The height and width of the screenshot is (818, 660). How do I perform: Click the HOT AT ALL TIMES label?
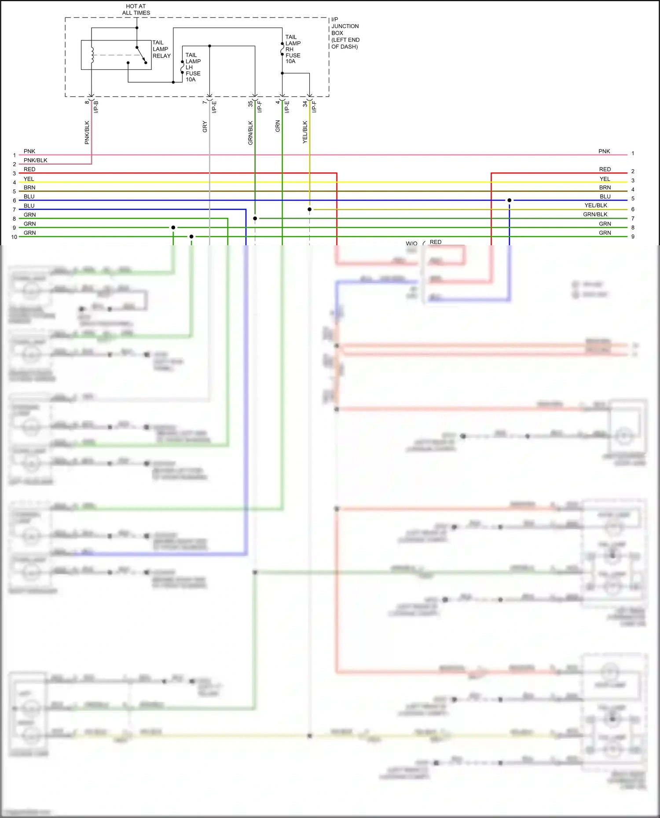(x=136, y=10)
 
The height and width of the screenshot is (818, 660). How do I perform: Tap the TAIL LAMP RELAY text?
(x=161, y=49)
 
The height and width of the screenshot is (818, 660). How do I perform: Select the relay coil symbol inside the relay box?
(x=92, y=55)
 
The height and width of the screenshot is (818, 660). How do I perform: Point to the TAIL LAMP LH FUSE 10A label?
(x=193, y=67)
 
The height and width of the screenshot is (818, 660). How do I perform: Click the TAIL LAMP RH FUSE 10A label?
(x=293, y=49)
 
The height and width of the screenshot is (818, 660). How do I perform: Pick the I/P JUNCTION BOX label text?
(x=345, y=33)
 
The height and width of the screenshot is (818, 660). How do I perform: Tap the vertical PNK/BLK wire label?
(x=87, y=132)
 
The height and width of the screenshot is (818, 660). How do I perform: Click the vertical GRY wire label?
(x=205, y=127)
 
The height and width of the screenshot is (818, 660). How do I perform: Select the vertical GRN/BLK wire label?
(x=250, y=133)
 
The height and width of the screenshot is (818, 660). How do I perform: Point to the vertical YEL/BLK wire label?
(x=305, y=132)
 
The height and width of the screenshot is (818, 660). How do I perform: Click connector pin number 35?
(x=250, y=104)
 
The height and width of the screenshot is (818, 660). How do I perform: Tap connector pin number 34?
(x=305, y=104)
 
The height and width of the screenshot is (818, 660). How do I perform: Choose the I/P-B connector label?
(x=96, y=107)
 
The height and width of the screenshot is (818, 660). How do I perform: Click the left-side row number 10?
(x=14, y=237)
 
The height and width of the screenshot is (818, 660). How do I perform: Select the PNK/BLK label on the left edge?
(x=35, y=160)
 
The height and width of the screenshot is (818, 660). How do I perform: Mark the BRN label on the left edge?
(x=29, y=188)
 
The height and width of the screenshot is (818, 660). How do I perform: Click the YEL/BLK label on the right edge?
(x=596, y=205)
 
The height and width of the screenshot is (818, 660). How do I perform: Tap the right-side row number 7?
(x=633, y=218)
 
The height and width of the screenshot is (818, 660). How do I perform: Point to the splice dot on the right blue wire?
(x=510, y=200)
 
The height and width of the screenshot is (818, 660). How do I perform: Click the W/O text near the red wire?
(x=411, y=243)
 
